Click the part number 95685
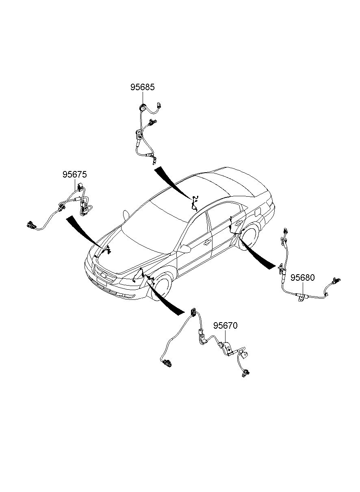coord(142,87)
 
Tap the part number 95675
coord(75,175)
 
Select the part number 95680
coord(302,277)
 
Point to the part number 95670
coord(226,325)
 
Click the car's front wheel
coord(160,286)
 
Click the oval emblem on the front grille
coord(103,275)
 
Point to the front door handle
coord(207,243)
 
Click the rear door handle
coord(238,223)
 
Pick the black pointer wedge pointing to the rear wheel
coord(257,254)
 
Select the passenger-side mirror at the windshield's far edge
coord(126,215)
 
